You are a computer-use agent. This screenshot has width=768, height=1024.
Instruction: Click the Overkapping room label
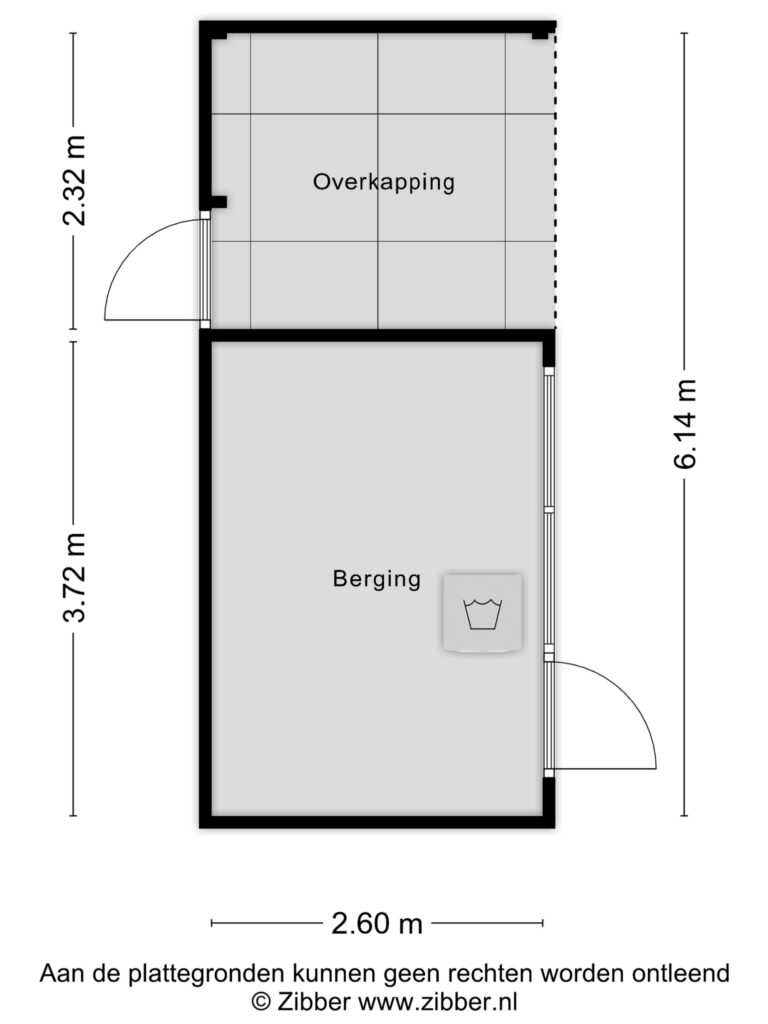383,182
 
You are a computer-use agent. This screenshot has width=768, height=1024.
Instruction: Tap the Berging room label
377,579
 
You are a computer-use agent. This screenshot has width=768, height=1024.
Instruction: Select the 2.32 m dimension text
74,181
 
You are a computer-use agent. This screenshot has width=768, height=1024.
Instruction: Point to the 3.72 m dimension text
74,577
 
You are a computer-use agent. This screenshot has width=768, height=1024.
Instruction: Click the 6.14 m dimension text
686,424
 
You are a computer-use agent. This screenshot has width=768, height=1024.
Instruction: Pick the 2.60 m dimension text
377,924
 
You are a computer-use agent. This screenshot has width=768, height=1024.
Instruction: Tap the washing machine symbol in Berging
483,613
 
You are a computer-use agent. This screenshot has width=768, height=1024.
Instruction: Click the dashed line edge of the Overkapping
555,176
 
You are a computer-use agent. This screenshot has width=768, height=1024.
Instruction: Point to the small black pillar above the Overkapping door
218,202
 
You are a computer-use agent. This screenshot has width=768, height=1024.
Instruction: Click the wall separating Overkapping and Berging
377,336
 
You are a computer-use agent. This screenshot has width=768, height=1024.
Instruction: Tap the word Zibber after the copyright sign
314,1000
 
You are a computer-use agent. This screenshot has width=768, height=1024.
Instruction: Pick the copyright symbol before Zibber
261,1000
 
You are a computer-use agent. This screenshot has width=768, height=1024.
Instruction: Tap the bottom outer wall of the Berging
377,822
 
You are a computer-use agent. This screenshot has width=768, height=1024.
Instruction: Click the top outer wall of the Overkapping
377,27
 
